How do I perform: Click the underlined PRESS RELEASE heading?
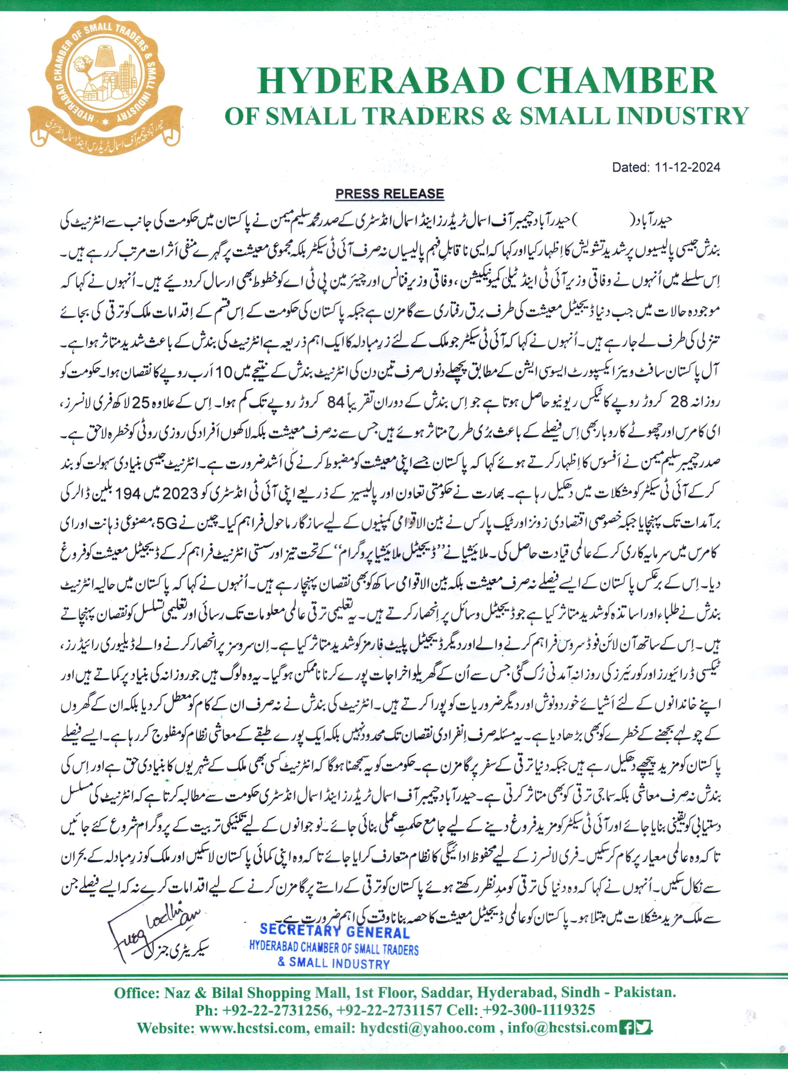[x=390, y=194]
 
